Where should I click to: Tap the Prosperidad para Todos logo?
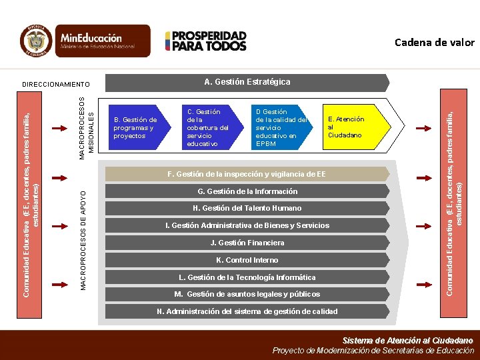[206, 41]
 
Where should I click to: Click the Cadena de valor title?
[434, 43]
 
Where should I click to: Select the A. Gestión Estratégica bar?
[247, 82]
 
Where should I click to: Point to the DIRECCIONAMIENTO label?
[55, 85]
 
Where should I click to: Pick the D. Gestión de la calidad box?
[280, 127]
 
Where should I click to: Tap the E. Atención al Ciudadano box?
[346, 127]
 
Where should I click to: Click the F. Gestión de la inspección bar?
[247, 174]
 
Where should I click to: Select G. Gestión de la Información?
[247, 191]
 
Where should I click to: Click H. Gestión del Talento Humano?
[247, 208]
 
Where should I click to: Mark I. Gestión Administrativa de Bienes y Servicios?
[247, 225]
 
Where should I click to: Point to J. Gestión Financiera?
[247, 243]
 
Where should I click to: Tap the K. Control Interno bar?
[247, 260]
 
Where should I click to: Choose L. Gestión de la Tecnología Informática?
[247, 277]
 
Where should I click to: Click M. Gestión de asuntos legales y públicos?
[247, 294]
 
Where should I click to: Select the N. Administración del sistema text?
[247, 311]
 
